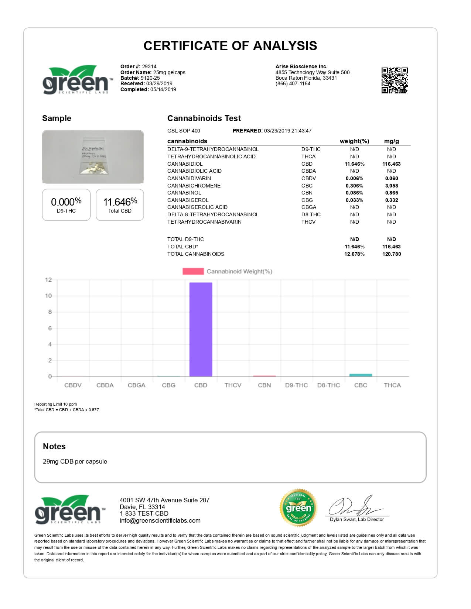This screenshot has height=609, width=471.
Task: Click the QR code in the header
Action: point(394,80)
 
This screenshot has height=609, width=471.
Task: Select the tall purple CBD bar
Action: point(201,329)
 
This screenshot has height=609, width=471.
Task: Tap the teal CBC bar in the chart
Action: point(361,375)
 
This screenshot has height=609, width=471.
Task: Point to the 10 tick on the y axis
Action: point(48,296)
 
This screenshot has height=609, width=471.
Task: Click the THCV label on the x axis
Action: point(233,385)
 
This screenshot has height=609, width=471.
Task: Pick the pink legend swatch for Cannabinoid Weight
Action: point(193,271)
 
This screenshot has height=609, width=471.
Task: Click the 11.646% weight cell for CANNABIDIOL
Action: point(354,164)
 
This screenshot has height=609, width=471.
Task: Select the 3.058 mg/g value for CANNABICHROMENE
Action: point(391,186)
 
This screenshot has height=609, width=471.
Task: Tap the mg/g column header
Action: point(391,141)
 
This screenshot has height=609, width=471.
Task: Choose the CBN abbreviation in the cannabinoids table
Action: point(307,193)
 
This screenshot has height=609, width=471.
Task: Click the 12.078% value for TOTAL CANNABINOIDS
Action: point(354,254)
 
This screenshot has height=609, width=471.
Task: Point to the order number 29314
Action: point(149,66)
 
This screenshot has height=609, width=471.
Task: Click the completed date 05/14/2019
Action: point(163,89)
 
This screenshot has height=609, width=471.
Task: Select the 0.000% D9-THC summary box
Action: point(66,205)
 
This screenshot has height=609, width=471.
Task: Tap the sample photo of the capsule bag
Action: point(93,157)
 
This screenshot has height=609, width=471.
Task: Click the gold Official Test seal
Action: point(298,508)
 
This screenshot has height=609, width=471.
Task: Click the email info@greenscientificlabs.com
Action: point(160,520)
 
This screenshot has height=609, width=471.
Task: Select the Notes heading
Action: point(54,446)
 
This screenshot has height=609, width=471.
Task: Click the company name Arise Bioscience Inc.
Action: point(301,66)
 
